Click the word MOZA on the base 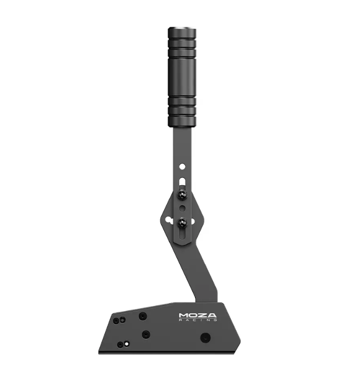[197, 315]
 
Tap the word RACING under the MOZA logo [198, 320]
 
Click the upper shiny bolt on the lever [182, 195]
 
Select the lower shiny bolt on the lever [182, 222]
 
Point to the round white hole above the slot [182, 166]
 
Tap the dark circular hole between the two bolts [182, 208]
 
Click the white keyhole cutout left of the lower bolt [170, 220]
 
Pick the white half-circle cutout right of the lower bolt [193, 221]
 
